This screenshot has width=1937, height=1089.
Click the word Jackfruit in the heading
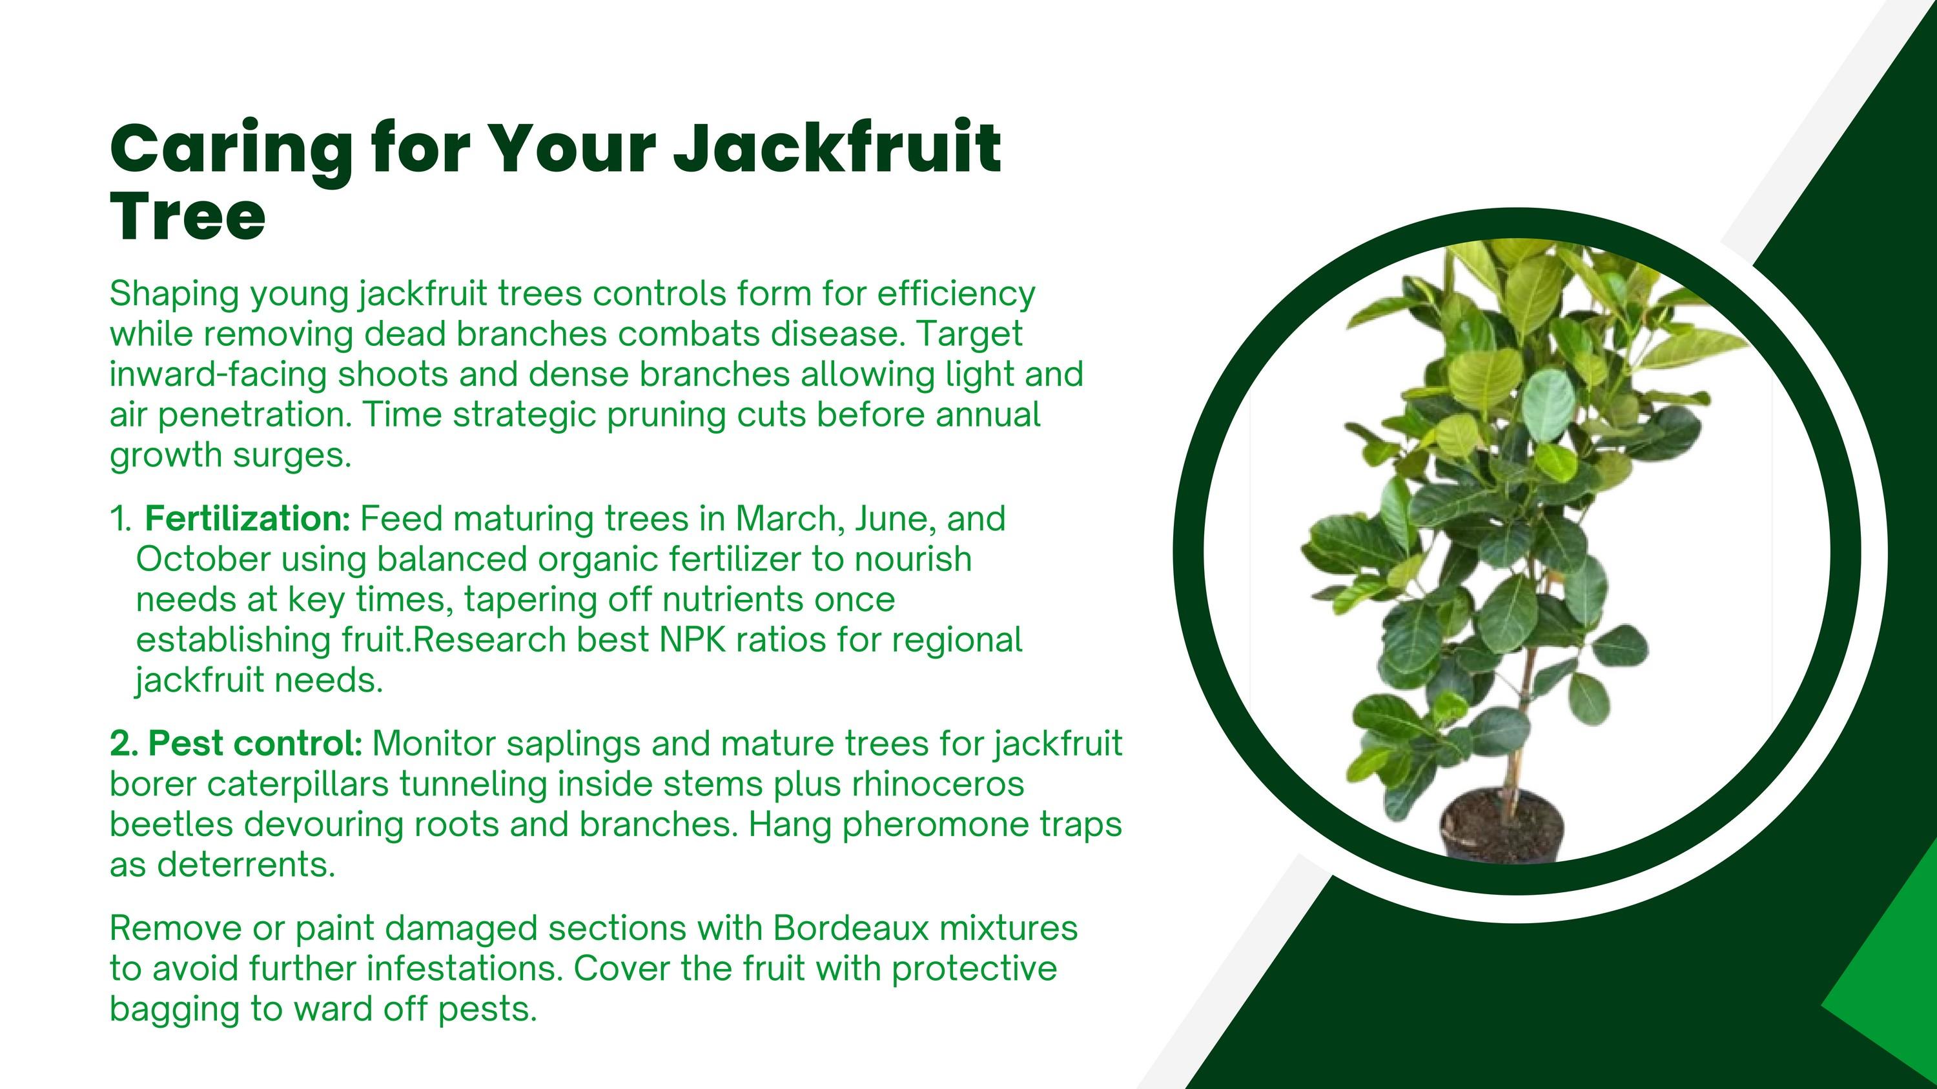click(x=837, y=147)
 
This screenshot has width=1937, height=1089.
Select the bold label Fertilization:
click(x=247, y=519)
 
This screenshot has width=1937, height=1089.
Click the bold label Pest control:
click(x=236, y=743)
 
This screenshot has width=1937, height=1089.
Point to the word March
click(x=790, y=519)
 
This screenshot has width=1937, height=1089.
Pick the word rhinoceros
click(x=938, y=784)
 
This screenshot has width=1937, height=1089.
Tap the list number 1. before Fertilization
click(x=121, y=519)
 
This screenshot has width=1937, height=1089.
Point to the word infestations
click(x=465, y=969)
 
